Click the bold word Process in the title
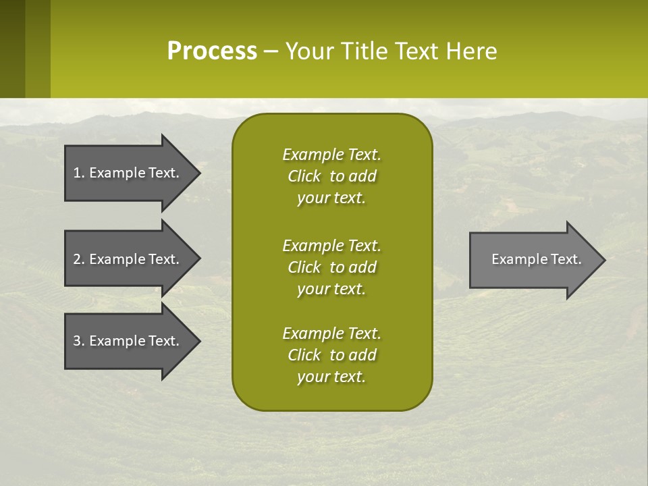[212, 51]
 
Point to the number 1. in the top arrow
[79, 173]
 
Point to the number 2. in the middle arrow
[79, 259]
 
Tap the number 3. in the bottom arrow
[79, 341]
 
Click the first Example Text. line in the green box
[331, 155]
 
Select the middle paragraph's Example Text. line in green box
[331, 246]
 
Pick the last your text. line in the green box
[331, 377]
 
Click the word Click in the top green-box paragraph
[304, 176]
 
